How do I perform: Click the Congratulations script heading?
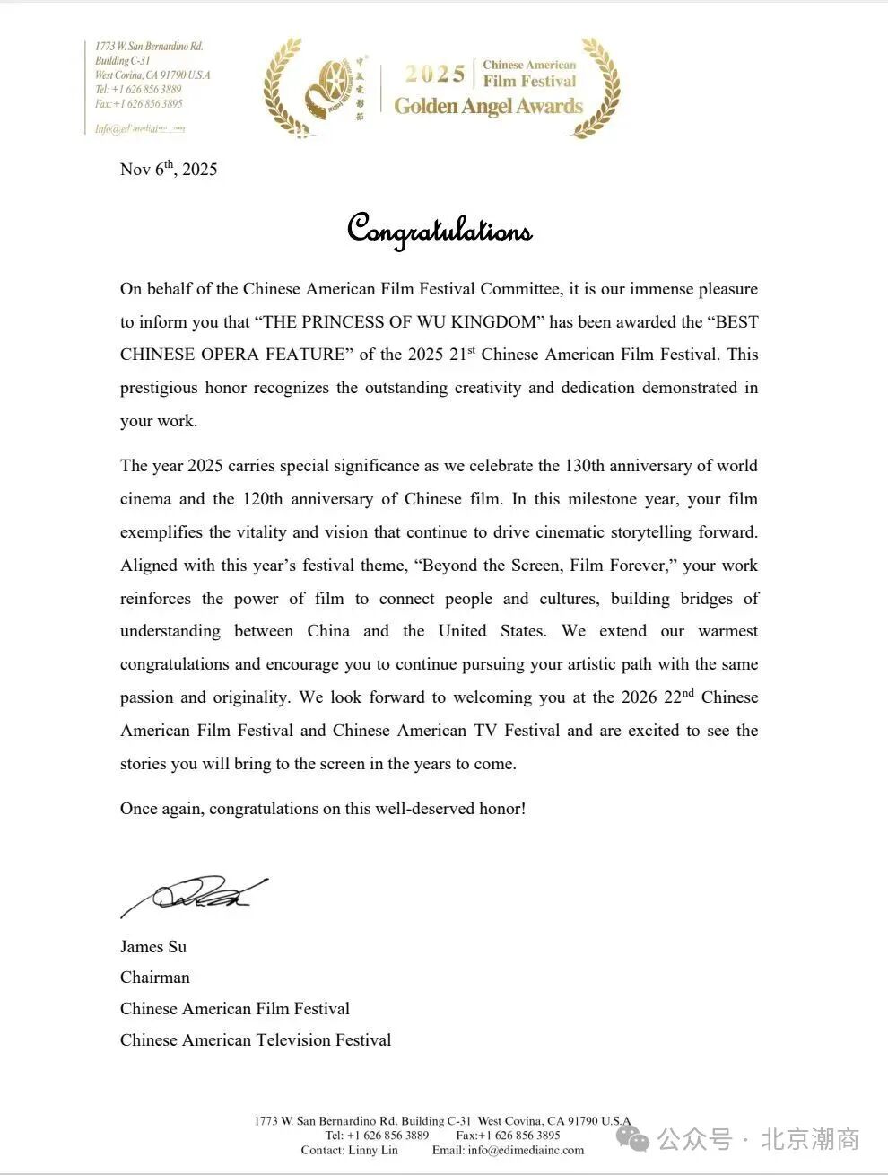(440, 230)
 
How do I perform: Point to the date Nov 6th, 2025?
(169, 170)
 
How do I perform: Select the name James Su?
(153, 946)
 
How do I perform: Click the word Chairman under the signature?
(155, 978)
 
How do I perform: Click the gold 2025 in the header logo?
(435, 75)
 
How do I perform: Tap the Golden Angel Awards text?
(489, 107)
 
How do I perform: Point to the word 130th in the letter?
(587, 466)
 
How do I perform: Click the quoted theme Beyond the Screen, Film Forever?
(544, 566)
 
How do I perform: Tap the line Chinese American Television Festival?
(256, 1040)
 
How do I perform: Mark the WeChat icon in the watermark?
(639, 1140)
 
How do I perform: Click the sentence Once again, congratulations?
(323, 809)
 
